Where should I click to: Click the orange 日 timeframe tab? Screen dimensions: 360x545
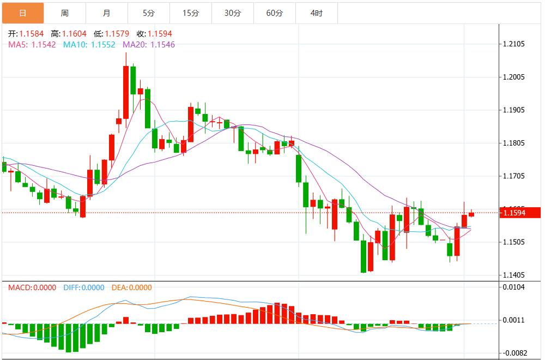[x=22, y=13]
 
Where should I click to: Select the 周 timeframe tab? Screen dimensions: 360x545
[x=64, y=13]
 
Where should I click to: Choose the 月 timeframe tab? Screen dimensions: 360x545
[x=106, y=13]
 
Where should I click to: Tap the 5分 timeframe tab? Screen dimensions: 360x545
[x=148, y=13]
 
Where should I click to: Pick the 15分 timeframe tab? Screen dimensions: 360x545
[x=190, y=13]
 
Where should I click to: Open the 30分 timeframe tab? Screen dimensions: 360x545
[x=232, y=13]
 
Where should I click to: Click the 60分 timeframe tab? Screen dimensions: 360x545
[x=274, y=13]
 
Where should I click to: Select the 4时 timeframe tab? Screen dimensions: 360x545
[x=316, y=13]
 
